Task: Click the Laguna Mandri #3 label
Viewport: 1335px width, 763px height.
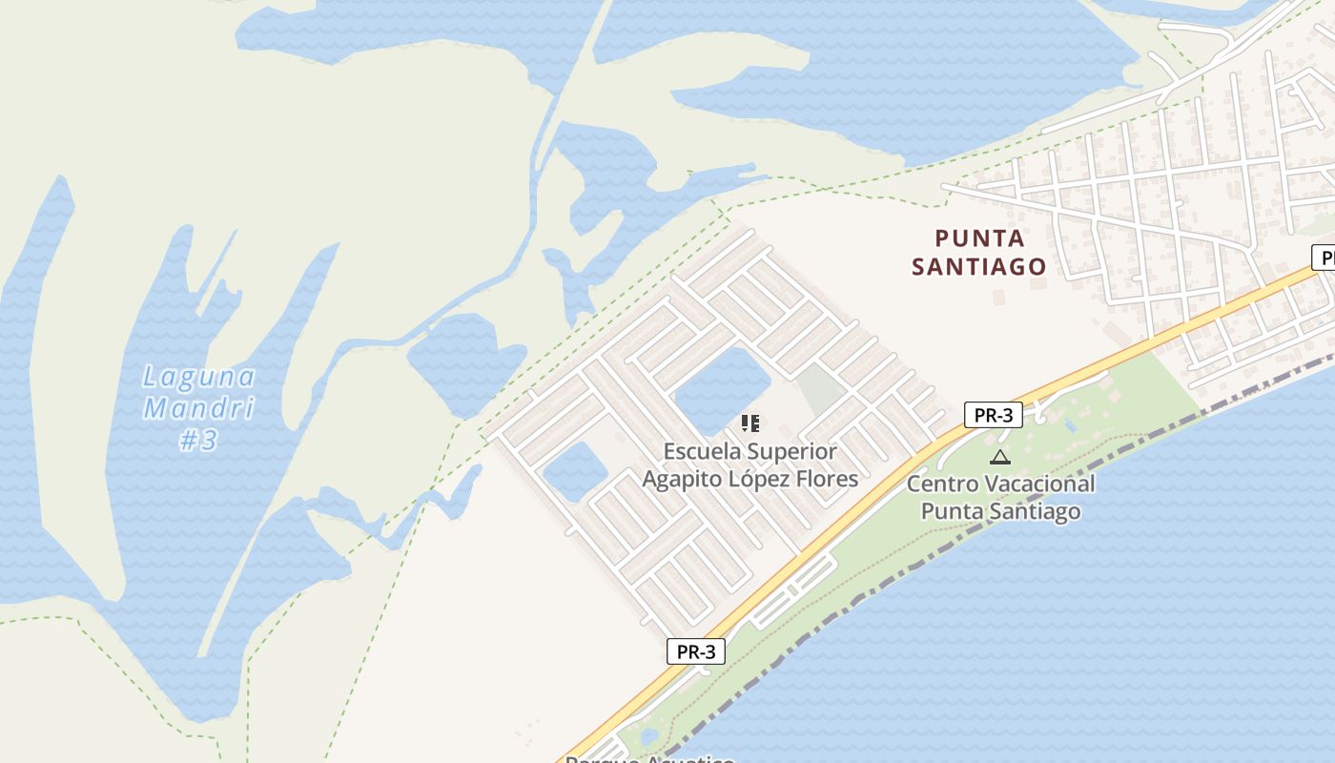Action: click(198, 408)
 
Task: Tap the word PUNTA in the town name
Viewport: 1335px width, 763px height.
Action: click(979, 238)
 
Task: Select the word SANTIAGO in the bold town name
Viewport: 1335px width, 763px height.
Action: click(979, 266)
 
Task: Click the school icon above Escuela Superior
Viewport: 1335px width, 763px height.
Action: click(750, 423)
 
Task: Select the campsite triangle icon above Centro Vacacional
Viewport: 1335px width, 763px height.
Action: click(999, 457)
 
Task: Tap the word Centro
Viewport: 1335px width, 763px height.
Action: click(941, 484)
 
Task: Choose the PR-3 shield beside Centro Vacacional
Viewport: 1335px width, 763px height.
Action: click(994, 415)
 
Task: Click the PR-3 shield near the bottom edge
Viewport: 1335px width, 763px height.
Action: click(696, 652)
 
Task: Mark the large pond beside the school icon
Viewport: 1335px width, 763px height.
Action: click(722, 389)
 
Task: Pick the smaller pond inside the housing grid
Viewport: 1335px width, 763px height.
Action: click(573, 471)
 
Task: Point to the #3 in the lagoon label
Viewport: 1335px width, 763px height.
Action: click(198, 441)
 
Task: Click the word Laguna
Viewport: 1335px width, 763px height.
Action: click(198, 377)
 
